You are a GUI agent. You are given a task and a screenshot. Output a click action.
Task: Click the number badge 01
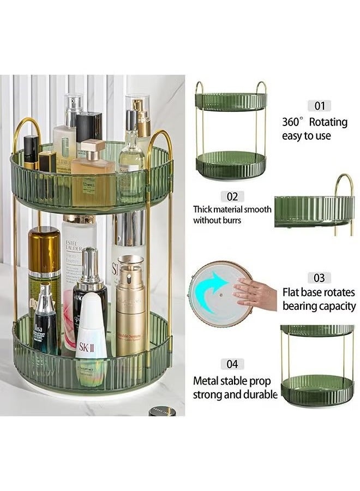click(x=319, y=106)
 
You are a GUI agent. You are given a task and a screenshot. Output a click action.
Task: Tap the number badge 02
click(x=232, y=196)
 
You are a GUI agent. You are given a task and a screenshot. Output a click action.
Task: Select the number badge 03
click(x=319, y=278)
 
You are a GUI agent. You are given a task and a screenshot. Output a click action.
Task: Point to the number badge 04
click(x=232, y=364)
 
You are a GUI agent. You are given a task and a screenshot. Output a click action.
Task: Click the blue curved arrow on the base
click(x=215, y=291)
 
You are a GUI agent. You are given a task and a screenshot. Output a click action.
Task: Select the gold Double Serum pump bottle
click(x=131, y=311)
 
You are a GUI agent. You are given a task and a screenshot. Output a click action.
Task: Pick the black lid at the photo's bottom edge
click(x=162, y=411)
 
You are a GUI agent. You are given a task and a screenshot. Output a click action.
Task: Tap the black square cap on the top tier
click(x=89, y=127)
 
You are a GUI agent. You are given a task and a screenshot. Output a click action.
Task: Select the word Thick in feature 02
click(x=204, y=209)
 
